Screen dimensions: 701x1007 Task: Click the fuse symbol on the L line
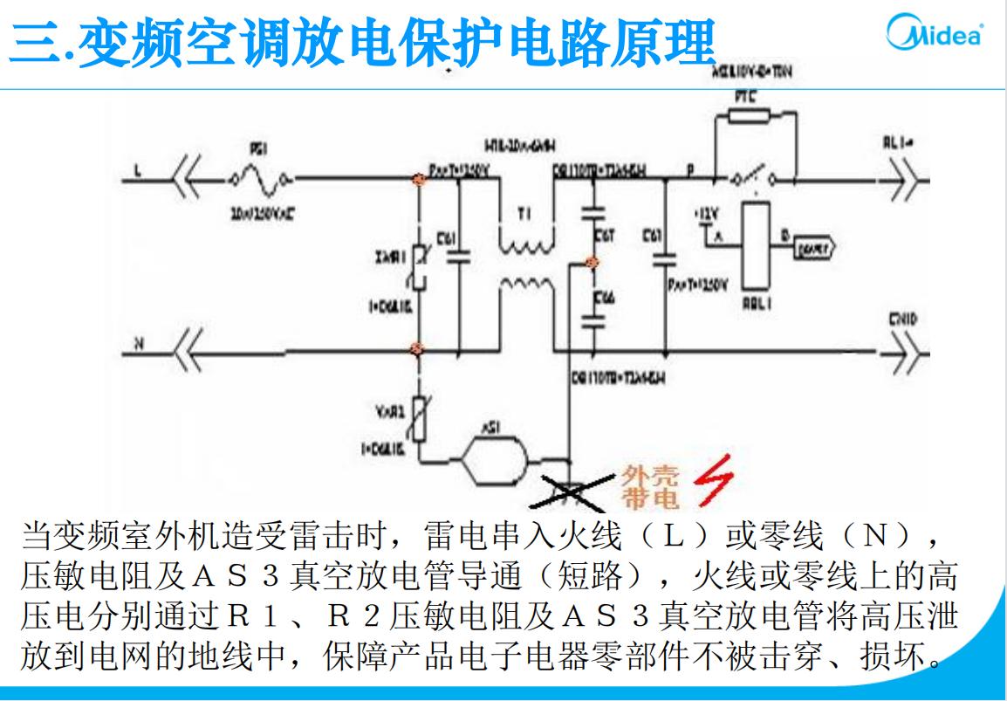point(260,180)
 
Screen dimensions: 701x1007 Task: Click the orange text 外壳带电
point(644,487)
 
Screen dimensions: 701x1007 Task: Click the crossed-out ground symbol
point(572,491)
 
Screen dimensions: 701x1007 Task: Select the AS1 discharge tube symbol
point(494,458)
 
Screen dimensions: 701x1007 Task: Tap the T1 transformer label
point(524,211)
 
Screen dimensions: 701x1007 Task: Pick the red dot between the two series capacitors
point(592,262)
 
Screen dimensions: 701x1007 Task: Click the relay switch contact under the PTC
point(745,179)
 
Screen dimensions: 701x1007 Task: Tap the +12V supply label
point(705,212)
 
